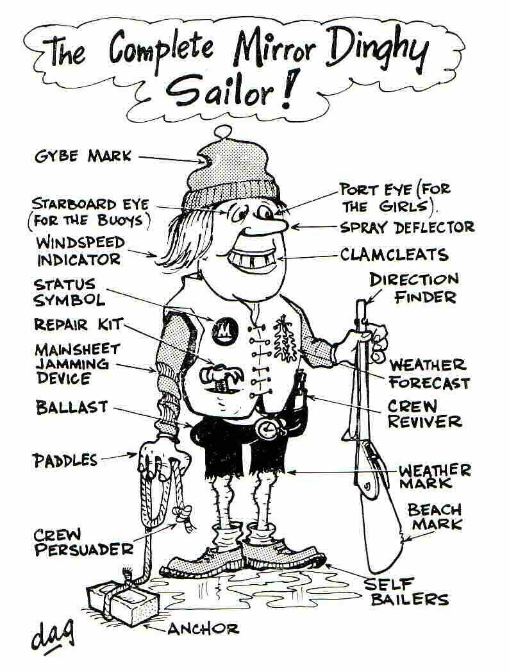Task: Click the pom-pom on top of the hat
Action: point(222,131)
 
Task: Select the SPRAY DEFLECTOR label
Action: point(407,227)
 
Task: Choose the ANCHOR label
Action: point(203,628)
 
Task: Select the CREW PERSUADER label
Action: point(83,542)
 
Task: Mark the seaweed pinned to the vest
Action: point(282,338)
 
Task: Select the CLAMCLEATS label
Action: point(394,255)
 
